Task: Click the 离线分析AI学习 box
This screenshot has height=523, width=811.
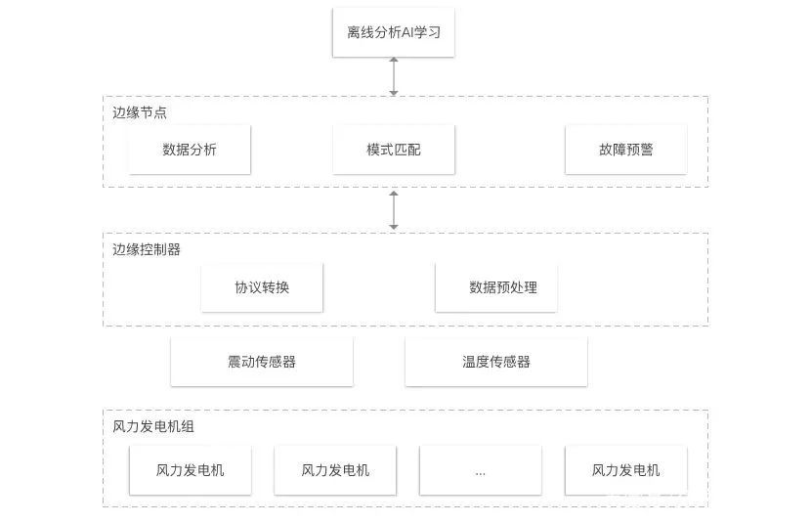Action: point(393,32)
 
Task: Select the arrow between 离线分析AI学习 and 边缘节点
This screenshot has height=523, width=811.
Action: point(394,76)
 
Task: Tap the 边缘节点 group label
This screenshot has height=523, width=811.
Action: point(140,112)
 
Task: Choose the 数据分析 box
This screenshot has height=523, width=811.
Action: point(190,150)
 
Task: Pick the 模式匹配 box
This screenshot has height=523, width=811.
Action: point(394,150)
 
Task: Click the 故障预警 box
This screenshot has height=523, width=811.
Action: point(625,150)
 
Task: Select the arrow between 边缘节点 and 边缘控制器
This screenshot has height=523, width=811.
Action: point(394,210)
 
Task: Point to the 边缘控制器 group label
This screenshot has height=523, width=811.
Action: point(147,249)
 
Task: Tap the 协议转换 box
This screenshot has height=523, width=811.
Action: point(262,287)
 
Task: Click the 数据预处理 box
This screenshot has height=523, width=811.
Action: point(496,287)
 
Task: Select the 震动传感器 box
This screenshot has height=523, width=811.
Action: point(262,362)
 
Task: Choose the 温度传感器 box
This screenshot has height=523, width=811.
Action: point(496,362)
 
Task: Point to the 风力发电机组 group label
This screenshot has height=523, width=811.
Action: point(153,426)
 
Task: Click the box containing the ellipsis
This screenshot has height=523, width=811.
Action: point(481,470)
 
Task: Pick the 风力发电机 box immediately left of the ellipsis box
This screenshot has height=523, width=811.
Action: point(335,470)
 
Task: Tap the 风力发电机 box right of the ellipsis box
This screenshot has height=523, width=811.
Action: point(625,470)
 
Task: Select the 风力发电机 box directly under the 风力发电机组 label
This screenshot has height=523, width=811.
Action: point(190,470)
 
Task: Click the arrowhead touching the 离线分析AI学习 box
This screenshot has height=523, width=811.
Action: point(394,60)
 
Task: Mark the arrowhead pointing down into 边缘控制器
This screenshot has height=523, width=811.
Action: point(394,227)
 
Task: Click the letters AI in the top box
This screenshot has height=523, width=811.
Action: point(407,32)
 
